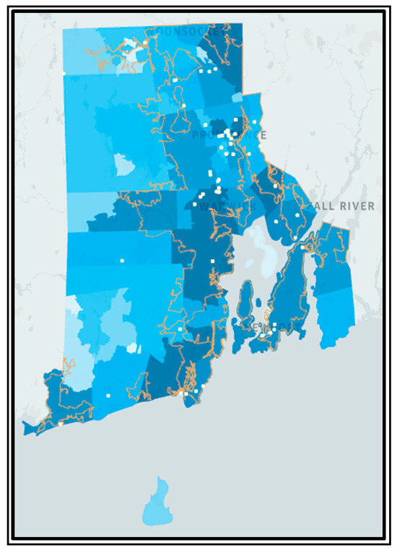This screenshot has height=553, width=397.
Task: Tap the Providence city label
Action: [229, 135]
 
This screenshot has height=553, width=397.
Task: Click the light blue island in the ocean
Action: [157, 502]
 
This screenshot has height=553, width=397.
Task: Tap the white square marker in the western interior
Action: [122, 260]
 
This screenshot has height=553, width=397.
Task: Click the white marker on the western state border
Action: [64, 73]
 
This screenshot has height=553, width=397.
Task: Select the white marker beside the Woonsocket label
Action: [145, 43]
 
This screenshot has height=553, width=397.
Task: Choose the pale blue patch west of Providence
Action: [124, 165]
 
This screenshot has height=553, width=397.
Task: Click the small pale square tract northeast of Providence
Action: [237, 95]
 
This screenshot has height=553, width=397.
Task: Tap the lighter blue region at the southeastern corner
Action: [336, 318]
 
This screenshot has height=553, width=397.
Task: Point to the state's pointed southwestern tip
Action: [26, 430]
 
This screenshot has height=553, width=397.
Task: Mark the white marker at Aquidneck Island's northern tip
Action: [295, 238]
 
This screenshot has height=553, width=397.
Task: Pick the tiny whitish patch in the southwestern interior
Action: [132, 348]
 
